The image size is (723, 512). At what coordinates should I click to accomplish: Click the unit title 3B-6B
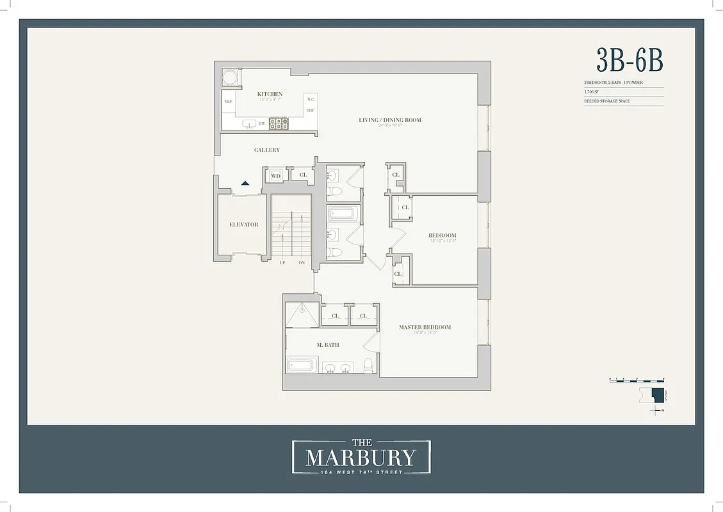pyautogui.click(x=629, y=60)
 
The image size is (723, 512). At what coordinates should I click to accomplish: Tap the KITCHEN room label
pyautogui.click(x=270, y=94)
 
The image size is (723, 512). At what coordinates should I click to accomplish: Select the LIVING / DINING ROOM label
pyautogui.click(x=389, y=120)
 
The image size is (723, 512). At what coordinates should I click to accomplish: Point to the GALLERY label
pyautogui.click(x=266, y=150)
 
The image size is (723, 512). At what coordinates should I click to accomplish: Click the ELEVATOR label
pyautogui.click(x=243, y=225)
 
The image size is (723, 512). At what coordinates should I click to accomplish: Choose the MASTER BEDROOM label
pyautogui.click(x=425, y=327)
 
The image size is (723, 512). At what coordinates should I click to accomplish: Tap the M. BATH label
pyautogui.click(x=328, y=345)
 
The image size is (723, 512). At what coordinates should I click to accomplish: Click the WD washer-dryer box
pyautogui.click(x=276, y=175)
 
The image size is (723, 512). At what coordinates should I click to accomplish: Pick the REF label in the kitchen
pyautogui.click(x=227, y=101)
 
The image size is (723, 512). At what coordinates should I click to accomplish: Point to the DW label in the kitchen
pyautogui.click(x=261, y=124)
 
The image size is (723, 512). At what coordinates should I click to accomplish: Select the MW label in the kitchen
pyautogui.click(x=310, y=111)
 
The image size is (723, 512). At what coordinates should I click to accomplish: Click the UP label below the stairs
pyautogui.click(x=282, y=263)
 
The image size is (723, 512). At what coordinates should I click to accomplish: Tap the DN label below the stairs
pyautogui.click(x=302, y=263)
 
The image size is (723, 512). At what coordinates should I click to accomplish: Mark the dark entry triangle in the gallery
pyautogui.click(x=245, y=183)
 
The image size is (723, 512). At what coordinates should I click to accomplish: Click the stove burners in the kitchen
pyautogui.click(x=278, y=123)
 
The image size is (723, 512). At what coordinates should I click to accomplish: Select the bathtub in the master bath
pyautogui.click(x=300, y=365)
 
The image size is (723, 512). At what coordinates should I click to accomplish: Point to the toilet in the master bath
pyautogui.click(x=368, y=365)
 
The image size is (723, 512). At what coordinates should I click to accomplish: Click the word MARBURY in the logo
pyautogui.click(x=361, y=458)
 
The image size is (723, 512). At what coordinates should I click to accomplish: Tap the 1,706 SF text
pyautogui.click(x=590, y=92)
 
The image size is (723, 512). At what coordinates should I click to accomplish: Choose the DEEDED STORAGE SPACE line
pyautogui.click(x=606, y=101)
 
